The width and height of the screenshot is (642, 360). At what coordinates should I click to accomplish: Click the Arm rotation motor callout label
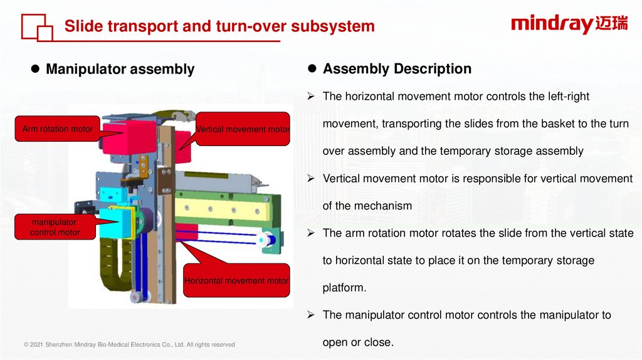[x=58, y=129]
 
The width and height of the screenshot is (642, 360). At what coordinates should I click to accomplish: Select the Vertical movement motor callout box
[x=243, y=129]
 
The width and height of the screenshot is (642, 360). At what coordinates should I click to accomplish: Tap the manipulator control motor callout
[x=55, y=227]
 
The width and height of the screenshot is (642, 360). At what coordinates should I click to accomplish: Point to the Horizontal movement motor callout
[x=236, y=280]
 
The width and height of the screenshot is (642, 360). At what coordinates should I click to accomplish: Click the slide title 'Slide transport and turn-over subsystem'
[x=219, y=26]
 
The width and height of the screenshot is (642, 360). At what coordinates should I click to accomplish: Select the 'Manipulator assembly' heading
[x=120, y=69]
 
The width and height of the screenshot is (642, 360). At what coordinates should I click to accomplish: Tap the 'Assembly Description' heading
[x=397, y=69]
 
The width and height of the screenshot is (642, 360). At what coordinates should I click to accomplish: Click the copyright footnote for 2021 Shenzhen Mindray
[x=129, y=344]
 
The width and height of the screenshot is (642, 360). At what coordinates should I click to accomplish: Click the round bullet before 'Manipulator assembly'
[x=36, y=69]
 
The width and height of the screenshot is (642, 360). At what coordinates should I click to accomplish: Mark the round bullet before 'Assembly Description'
[x=313, y=68]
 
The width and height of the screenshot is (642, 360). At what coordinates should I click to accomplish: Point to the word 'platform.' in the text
[x=344, y=287]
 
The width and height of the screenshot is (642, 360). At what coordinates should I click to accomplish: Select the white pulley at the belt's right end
[x=264, y=238]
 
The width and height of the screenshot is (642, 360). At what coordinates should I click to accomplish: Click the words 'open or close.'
[x=358, y=342]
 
